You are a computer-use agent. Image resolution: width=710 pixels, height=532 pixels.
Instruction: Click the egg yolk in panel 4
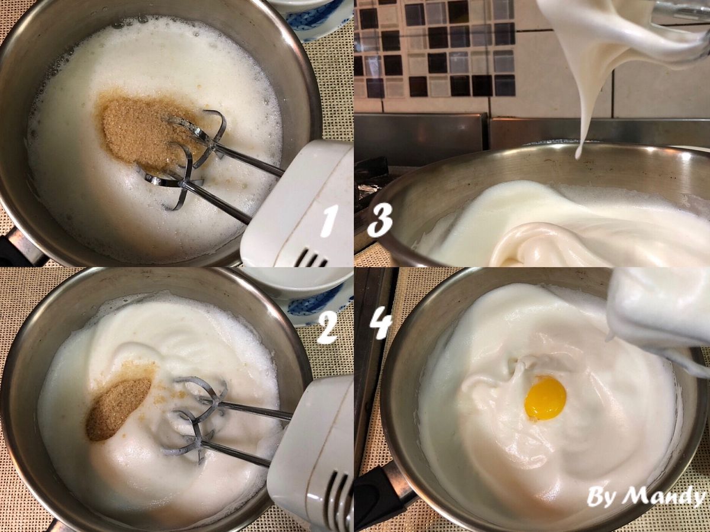pyautogui.click(x=546, y=398)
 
